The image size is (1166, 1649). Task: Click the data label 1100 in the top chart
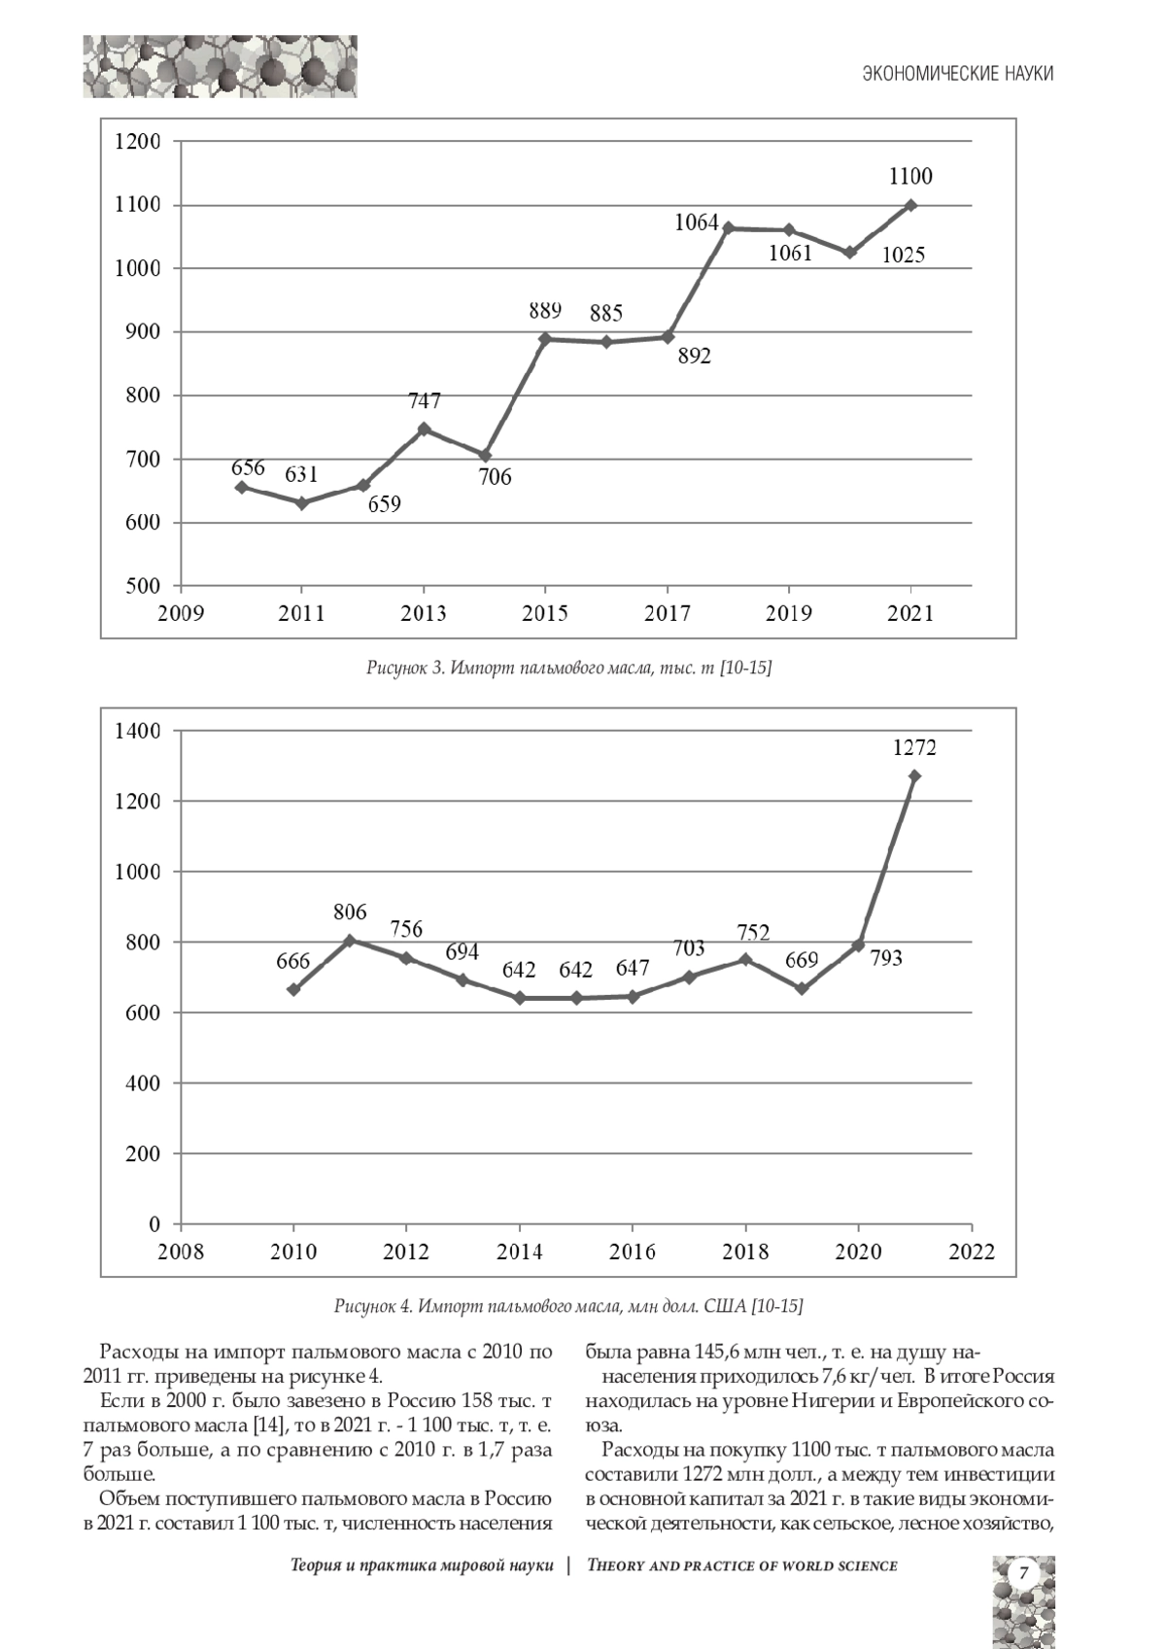[x=910, y=177]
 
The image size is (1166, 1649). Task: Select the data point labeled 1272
[x=914, y=776]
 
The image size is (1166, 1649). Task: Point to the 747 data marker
[x=424, y=429]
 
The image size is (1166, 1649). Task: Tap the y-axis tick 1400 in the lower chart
[x=136, y=731]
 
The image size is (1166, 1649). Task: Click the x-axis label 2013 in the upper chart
[x=424, y=614]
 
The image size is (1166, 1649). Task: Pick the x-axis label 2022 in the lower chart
[x=971, y=1252]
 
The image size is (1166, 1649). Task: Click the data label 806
[x=350, y=911]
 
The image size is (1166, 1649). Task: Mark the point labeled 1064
[x=729, y=228]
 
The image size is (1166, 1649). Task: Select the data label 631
[x=301, y=474]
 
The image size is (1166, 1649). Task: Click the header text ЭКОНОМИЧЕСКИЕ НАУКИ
[x=958, y=74]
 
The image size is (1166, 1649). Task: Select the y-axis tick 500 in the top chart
[x=143, y=586]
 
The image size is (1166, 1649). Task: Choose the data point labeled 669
[x=802, y=988]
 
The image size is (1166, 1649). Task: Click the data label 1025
[x=904, y=256]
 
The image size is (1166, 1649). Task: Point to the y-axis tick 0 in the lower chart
[x=154, y=1224]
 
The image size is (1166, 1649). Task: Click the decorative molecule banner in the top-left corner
[x=220, y=67]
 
